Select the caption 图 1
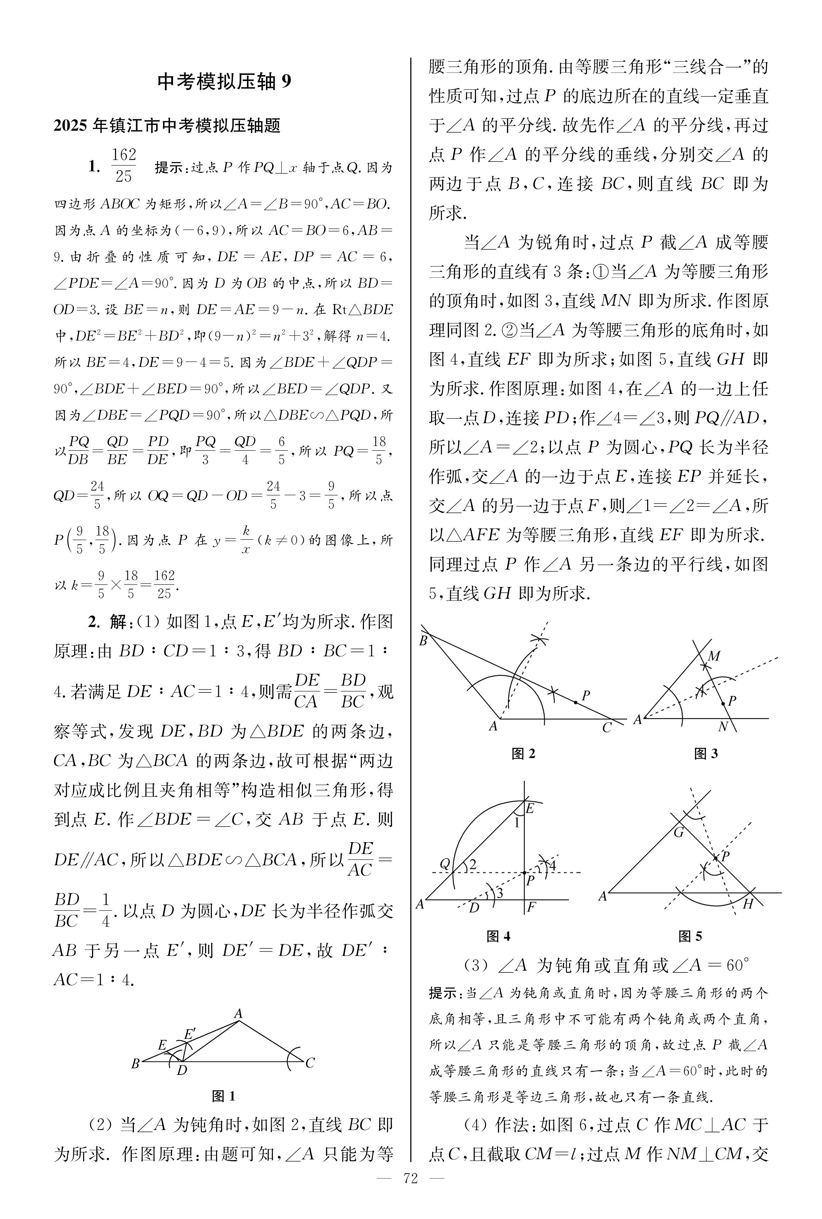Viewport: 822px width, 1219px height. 223,1095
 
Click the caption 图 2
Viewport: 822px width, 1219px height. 523,753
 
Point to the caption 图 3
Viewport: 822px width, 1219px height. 706,753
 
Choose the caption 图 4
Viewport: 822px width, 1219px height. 499,936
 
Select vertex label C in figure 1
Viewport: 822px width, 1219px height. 310,1063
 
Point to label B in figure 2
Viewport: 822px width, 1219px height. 423,641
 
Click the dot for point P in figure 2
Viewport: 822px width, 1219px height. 575,702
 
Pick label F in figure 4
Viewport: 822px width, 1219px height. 531,907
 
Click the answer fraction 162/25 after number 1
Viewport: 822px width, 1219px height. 124,165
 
